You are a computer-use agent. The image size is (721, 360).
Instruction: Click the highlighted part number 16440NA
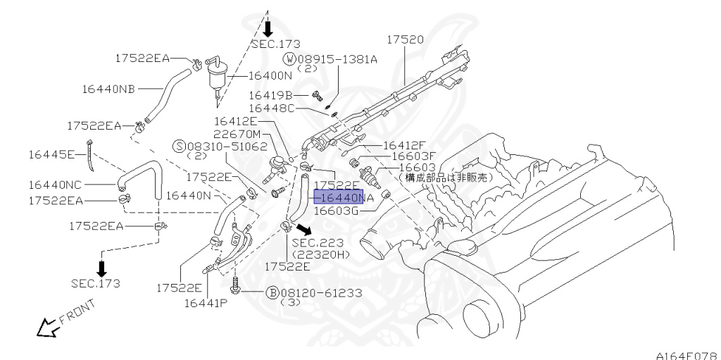tap(339, 197)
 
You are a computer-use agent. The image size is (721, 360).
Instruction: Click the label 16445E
tap(51, 153)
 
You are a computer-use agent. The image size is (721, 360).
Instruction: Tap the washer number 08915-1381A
tap(337, 59)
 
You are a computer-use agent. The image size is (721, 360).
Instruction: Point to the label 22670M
tap(237, 134)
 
